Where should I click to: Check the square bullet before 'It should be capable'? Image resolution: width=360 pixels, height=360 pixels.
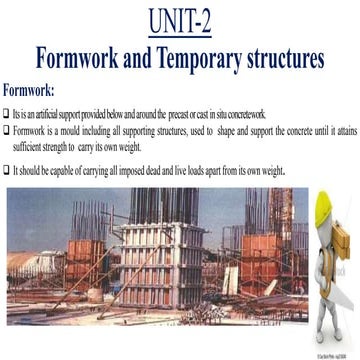tap(8, 169)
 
